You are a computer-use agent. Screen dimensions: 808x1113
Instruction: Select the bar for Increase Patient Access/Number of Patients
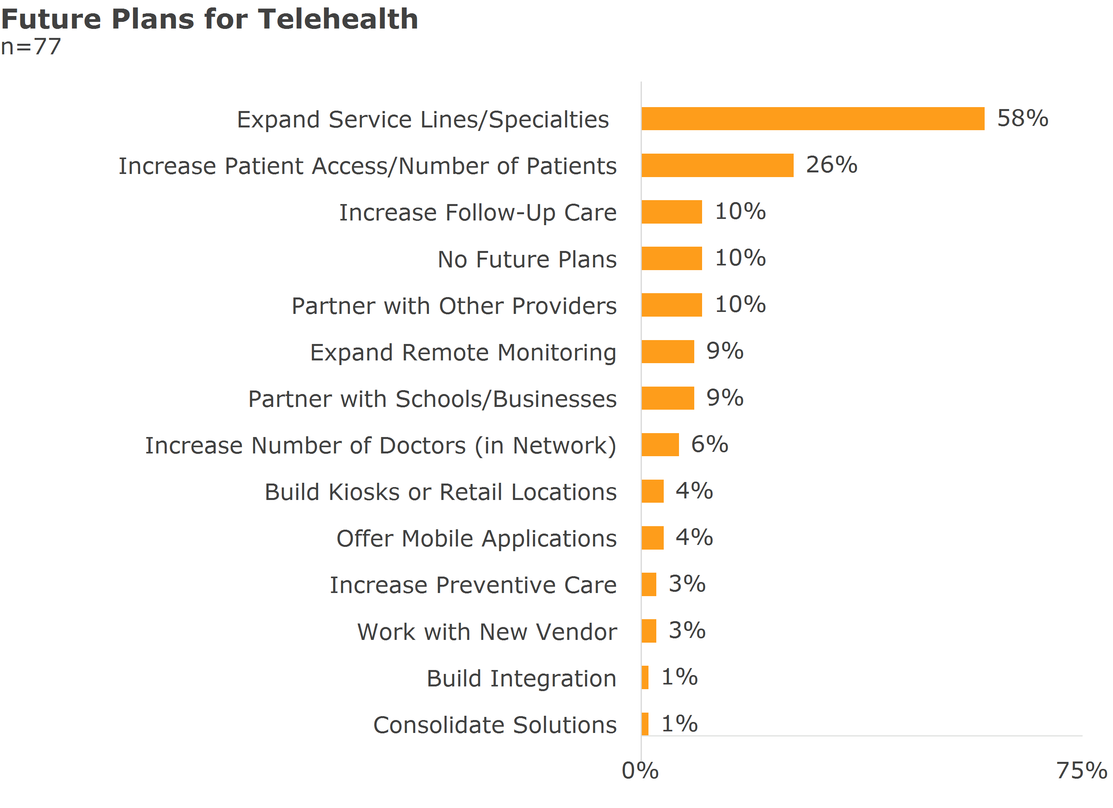(717, 165)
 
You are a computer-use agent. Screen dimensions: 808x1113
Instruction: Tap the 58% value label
(1022, 118)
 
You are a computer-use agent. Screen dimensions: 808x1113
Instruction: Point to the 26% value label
(831, 165)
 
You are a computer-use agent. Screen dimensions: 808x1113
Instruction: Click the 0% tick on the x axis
(640, 771)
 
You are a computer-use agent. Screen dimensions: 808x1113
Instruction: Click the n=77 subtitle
(31, 47)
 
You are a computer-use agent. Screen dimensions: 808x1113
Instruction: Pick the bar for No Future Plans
(671, 258)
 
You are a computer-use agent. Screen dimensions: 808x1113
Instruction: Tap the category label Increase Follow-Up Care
(477, 213)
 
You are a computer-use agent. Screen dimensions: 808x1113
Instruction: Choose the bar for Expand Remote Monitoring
(667, 351)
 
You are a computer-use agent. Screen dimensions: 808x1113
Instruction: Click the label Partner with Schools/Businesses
(432, 399)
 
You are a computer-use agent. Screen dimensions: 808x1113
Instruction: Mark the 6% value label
(709, 444)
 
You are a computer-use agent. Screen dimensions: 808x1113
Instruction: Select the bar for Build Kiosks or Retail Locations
(652, 491)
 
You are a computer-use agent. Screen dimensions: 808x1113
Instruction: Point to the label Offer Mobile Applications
(476, 539)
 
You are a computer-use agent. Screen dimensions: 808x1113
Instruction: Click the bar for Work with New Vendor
(649, 631)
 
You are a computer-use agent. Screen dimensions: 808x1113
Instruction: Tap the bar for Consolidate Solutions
(645, 724)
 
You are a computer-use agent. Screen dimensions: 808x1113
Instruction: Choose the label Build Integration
(521, 679)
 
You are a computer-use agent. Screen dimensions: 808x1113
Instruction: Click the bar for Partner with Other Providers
(671, 305)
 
